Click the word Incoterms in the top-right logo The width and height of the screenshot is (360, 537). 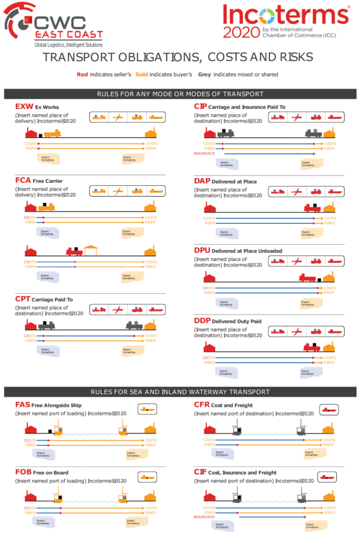click(x=286, y=14)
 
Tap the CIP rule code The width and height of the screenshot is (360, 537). click(x=200, y=106)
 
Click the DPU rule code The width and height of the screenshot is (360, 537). click(x=202, y=251)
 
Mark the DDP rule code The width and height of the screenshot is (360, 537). click(x=202, y=320)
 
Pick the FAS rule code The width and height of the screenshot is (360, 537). click(x=22, y=405)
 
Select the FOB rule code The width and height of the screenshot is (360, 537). click(x=23, y=472)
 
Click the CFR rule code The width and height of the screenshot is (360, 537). click(x=201, y=405)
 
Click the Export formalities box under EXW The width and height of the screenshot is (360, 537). click(x=48, y=159)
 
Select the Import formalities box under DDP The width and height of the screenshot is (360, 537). click(x=310, y=373)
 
